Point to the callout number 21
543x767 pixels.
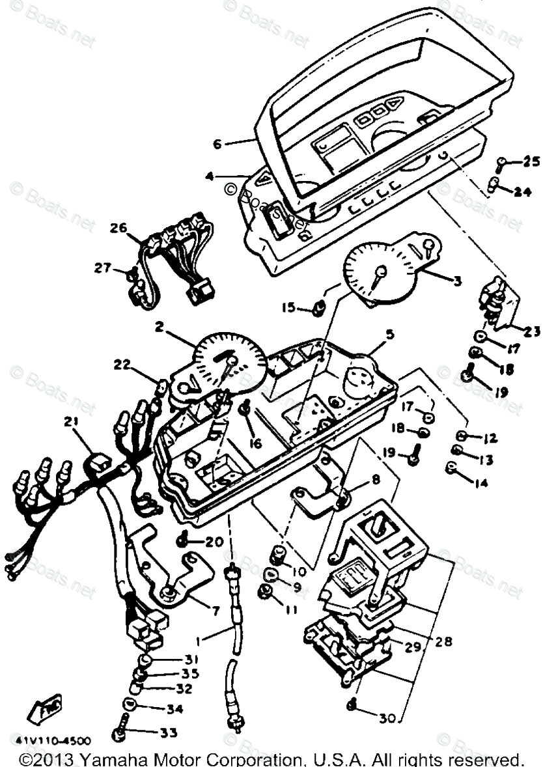[x=70, y=422]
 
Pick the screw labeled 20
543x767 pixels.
[x=184, y=540]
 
